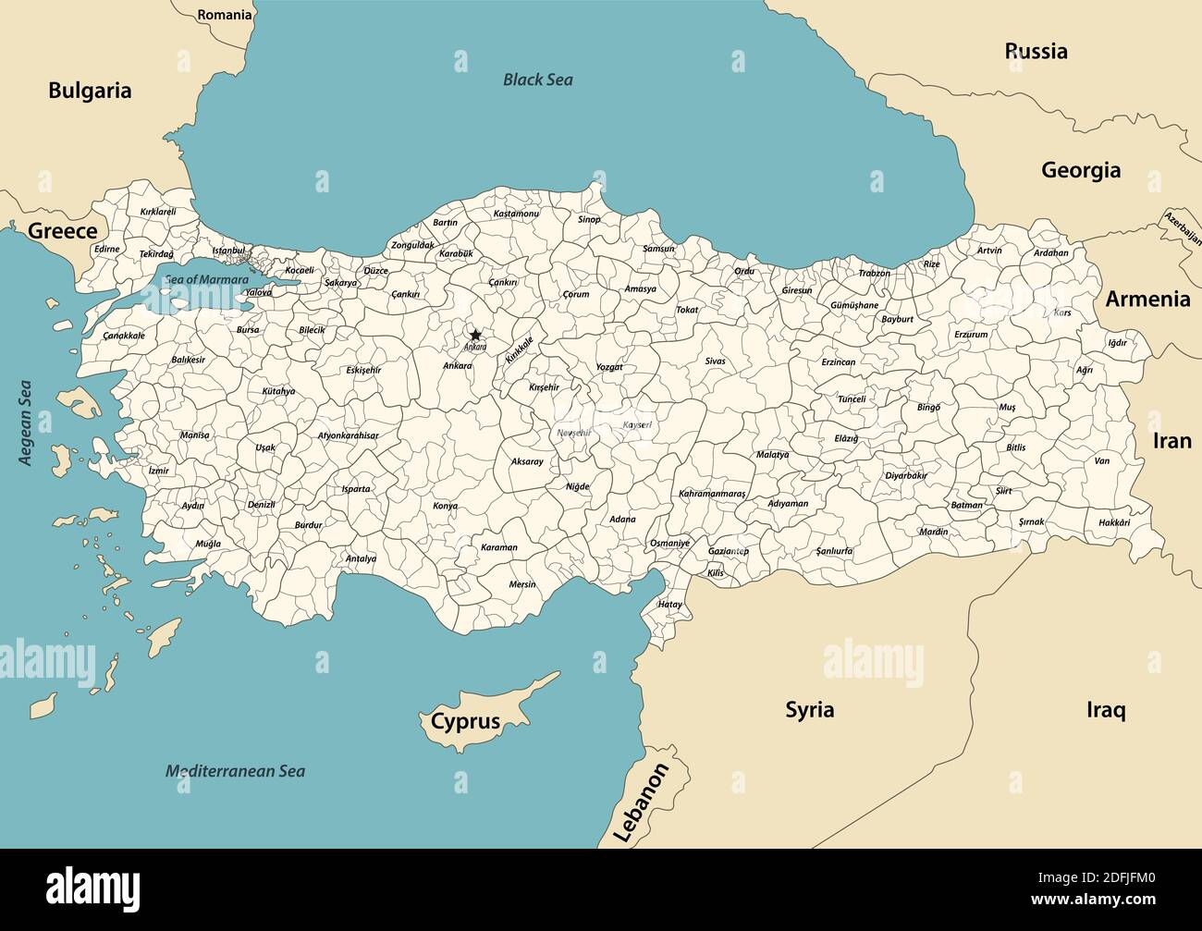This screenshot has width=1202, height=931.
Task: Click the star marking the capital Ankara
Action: (x=475, y=335)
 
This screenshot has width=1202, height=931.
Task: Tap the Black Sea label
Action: (x=537, y=80)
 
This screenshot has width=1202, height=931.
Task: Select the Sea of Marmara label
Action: (x=206, y=279)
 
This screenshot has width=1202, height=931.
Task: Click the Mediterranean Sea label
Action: (x=235, y=771)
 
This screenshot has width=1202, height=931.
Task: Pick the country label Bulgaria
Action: (x=90, y=91)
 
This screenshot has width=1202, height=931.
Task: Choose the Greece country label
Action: (x=62, y=231)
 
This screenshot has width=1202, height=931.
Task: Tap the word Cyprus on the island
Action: (x=465, y=721)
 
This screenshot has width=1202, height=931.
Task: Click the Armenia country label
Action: (x=1147, y=299)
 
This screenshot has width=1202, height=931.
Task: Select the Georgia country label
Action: (x=1081, y=170)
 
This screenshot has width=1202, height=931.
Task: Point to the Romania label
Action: (x=225, y=15)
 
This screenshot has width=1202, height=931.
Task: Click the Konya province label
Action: (x=445, y=506)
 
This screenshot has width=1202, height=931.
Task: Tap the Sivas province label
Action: (x=715, y=361)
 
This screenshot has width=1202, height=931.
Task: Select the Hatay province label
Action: (x=669, y=604)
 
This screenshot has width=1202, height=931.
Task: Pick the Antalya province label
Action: (x=361, y=558)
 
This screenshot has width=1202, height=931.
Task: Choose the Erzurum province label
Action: (x=971, y=335)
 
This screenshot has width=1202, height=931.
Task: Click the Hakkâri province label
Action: (x=1114, y=522)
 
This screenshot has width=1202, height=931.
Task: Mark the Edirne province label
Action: (x=107, y=249)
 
